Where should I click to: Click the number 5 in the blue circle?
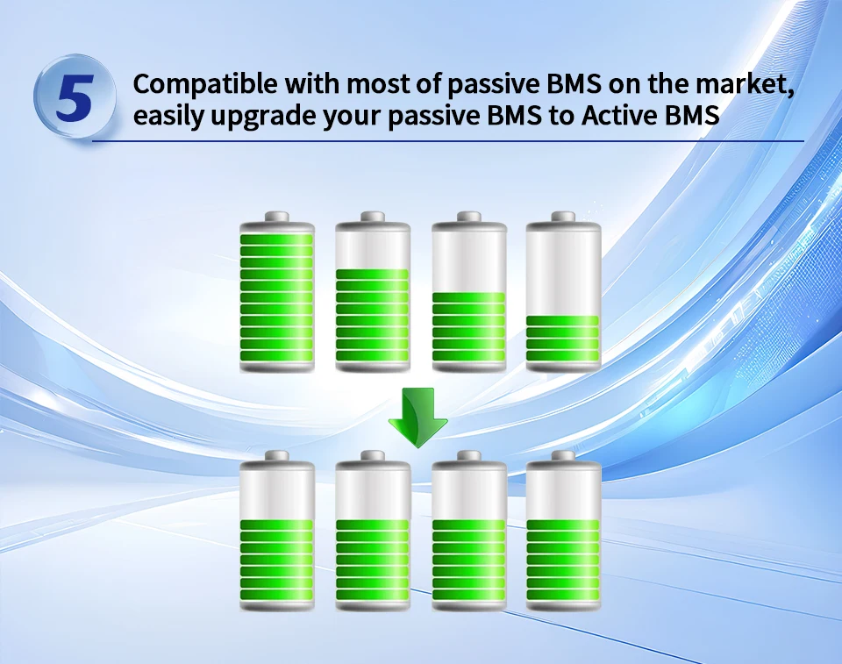click(x=75, y=97)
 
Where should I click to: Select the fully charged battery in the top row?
click(x=277, y=292)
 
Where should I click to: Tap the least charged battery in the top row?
click(x=563, y=292)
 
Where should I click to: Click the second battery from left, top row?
click(x=373, y=292)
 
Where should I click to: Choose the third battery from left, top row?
click(x=468, y=292)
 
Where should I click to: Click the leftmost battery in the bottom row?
click(x=277, y=532)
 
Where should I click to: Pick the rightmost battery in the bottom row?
click(x=563, y=532)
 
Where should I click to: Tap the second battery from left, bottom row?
click(x=373, y=532)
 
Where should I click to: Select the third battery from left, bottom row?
click(x=468, y=532)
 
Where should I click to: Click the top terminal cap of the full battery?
click(x=277, y=217)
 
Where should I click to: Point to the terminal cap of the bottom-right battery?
click(x=563, y=456)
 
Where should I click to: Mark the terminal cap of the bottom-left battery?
click(x=277, y=456)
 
